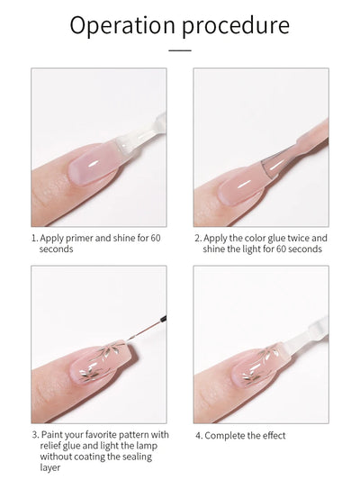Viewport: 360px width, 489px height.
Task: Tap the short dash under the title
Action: (x=180, y=50)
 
